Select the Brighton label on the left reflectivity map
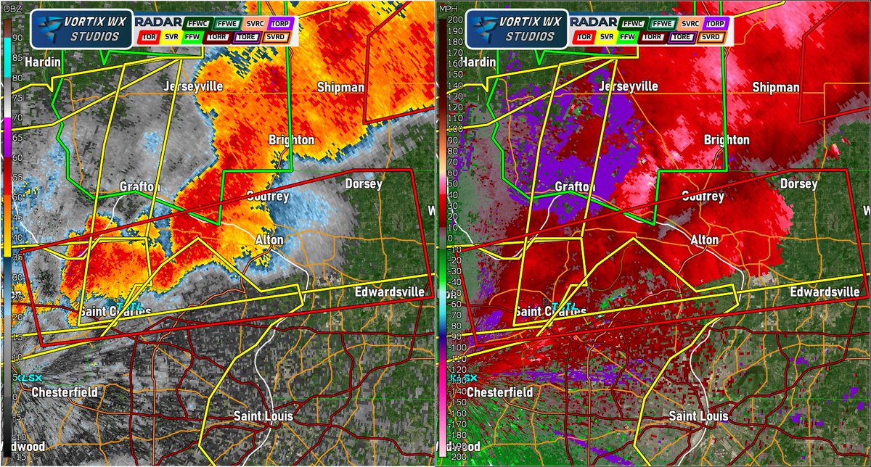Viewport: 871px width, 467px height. (x=291, y=139)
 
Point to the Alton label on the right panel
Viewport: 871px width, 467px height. (x=704, y=239)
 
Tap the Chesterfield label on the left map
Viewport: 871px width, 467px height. (x=65, y=392)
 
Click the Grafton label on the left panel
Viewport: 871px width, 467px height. (x=140, y=187)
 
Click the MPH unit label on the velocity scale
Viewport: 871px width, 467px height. (x=449, y=10)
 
